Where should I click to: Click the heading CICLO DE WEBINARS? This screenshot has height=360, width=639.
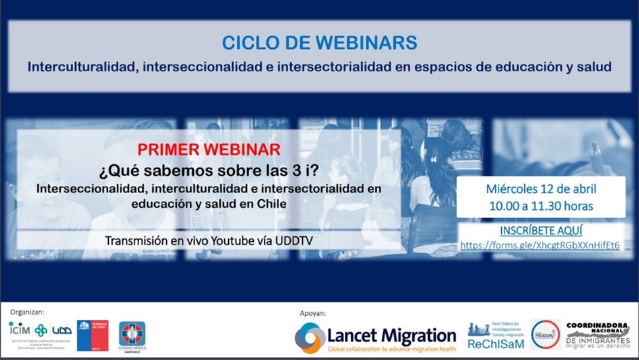(319, 43)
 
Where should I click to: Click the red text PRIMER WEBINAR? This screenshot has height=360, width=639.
(209, 149)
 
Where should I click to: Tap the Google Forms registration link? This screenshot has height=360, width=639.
(540, 245)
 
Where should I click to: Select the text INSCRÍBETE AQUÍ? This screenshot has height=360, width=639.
(540, 231)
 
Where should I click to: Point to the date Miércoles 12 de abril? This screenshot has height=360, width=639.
(540, 188)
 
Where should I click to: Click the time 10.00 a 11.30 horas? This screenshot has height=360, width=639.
(540, 206)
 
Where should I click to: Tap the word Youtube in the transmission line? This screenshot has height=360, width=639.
(235, 241)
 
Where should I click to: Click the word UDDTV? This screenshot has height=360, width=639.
(294, 241)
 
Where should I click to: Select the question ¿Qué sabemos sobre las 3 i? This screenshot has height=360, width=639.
(208, 170)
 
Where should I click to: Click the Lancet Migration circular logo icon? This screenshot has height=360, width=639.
(310, 338)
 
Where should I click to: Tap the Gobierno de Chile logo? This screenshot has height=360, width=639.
(92, 335)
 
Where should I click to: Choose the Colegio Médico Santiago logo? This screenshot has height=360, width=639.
(132, 336)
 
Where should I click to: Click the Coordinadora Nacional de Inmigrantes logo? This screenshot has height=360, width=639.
(598, 335)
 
